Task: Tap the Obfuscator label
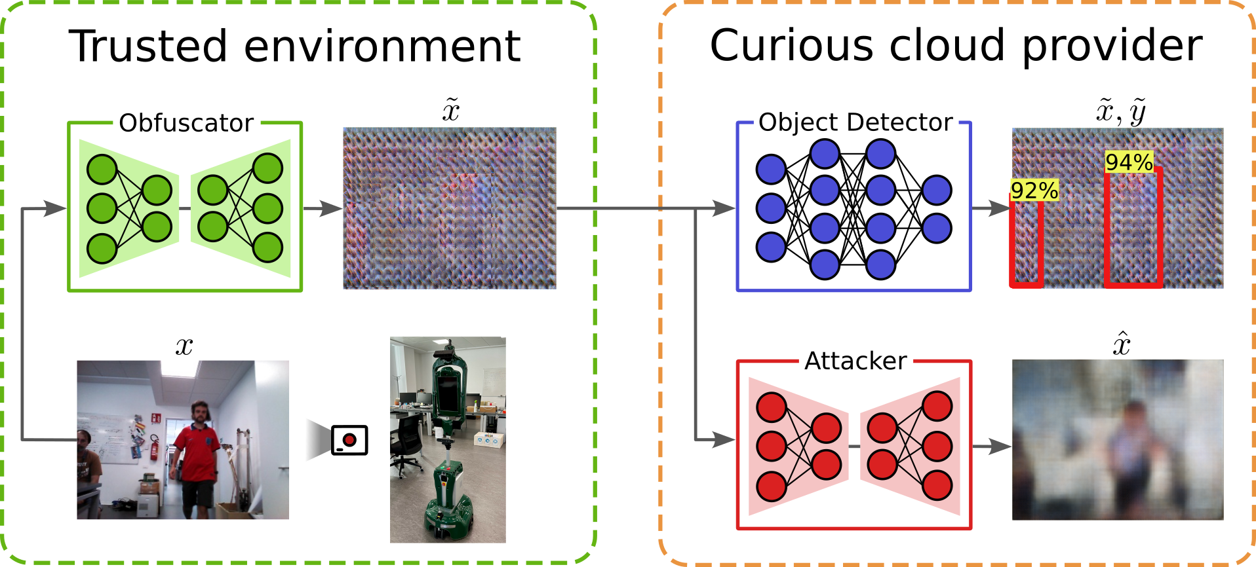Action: tap(186, 122)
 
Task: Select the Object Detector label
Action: tap(855, 122)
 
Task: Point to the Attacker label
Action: tap(855, 361)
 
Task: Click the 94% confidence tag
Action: tap(1129, 162)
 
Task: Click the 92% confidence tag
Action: tap(1034, 191)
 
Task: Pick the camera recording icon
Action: tap(349, 440)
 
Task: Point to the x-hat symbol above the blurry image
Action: tap(1122, 344)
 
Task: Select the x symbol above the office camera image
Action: tap(184, 346)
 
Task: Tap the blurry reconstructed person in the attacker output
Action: tap(1131, 452)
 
